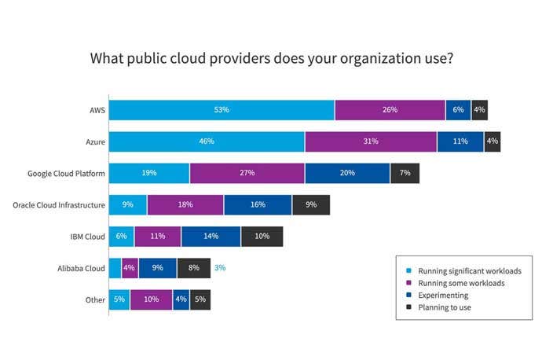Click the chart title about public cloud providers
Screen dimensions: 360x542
(x=271, y=58)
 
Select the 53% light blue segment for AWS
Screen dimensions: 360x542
(x=222, y=110)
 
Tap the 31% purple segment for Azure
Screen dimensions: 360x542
(x=371, y=141)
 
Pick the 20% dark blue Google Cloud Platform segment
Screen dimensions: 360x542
(x=347, y=173)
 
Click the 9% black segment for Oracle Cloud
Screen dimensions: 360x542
(x=311, y=204)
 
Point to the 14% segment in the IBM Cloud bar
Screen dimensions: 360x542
(x=211, y=236)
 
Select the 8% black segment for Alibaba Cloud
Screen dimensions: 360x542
(x=194, y=267)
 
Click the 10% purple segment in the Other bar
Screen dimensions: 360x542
(x=151, y=299)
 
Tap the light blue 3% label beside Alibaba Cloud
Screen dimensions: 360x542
(x=220, y=267)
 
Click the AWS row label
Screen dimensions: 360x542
(x=98, y=110)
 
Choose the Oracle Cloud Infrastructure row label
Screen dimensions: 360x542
(x=59, y=204)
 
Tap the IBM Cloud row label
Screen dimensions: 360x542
(x=87, y=236)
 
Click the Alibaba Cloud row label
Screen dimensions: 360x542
(x=82, y=267)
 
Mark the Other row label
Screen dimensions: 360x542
(x=95, y=299)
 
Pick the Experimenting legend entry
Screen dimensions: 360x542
(x=444, y=295)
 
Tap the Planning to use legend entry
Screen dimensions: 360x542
(x=445, y=307)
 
